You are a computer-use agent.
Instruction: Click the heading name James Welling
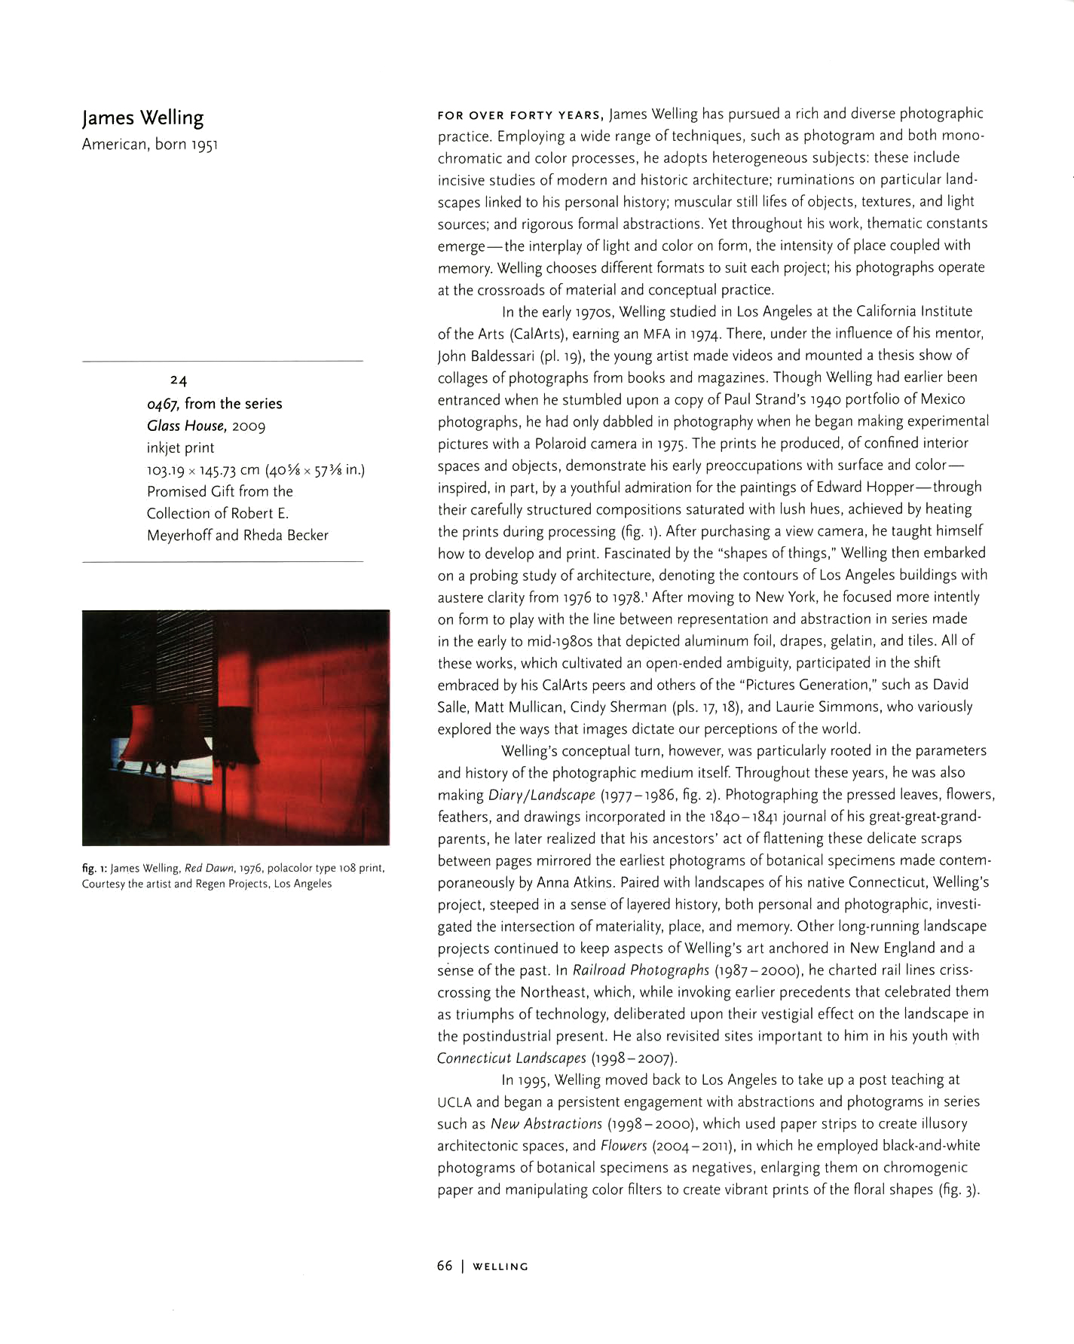(x=142, y=118)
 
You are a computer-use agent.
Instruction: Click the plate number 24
(x=179, y=380)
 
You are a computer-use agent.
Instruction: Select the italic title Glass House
(x=186, y=426)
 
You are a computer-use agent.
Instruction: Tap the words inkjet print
(x=180, y=447)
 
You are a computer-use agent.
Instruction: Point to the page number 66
(x=445, y=1266)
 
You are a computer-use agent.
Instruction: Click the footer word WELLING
(x=500, y=1266)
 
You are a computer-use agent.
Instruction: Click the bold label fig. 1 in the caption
(x=94, y=868)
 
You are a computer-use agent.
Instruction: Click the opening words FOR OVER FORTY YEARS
(x=520, y=115)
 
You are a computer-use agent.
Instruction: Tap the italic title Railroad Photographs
(x=641, y=970)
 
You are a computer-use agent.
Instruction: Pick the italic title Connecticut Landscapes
(x=511, y=1058)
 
